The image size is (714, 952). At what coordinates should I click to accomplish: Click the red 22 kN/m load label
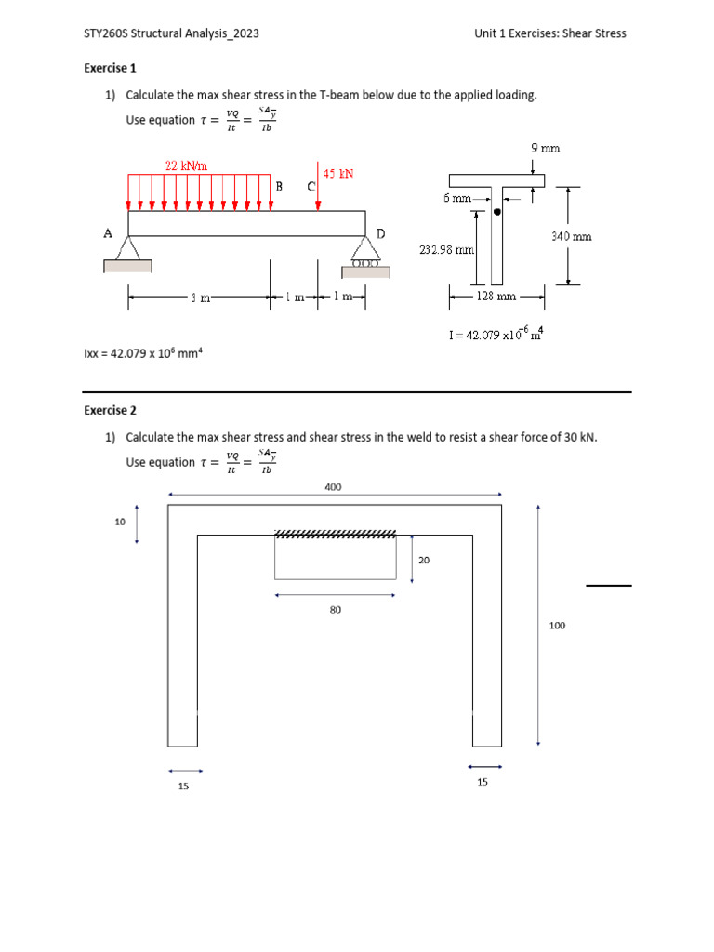[x=186, y=165]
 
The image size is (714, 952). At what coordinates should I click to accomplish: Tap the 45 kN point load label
[x=337, y=174]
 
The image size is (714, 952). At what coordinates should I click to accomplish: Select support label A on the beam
[x=108, y=233]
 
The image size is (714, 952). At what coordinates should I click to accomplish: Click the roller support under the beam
[x=366, y=263]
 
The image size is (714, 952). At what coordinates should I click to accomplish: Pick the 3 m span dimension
[x=199, y=297]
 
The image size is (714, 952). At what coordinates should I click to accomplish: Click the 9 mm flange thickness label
[x=545, y=148]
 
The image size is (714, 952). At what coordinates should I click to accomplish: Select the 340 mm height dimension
[x=571, y=237]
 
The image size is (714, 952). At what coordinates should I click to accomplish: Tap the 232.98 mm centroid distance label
[x=447, y=250]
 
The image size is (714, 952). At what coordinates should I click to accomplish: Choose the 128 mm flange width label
[x=496, y=297]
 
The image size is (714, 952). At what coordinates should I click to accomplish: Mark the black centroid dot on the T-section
[x=497, y=212]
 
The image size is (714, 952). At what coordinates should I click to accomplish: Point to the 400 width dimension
[x=333, y=486]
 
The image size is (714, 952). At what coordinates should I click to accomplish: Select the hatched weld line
[x=336, y=534]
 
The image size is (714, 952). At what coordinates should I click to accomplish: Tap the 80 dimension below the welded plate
[x=336, y=610]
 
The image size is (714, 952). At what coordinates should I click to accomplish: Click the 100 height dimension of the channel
[x=557, y=626]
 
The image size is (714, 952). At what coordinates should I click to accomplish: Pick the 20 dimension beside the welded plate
[x=424, y=561]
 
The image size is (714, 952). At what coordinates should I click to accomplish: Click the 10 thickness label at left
[x=120, y=522]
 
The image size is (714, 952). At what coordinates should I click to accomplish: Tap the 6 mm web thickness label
[x=457, y=198]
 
